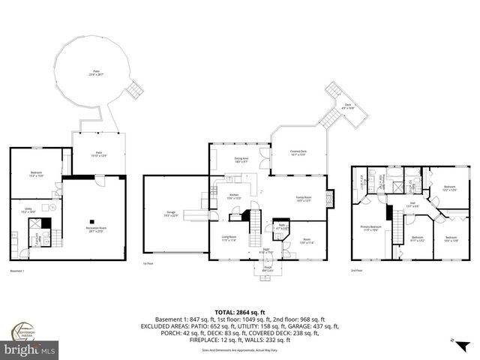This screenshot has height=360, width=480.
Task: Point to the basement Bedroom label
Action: (36, 174)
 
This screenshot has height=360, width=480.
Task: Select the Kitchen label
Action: (234, 197)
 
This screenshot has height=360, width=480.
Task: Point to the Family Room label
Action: (304, 199)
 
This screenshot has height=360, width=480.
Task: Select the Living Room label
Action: (229, 238)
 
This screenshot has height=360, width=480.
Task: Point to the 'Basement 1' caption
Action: (19, 271)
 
